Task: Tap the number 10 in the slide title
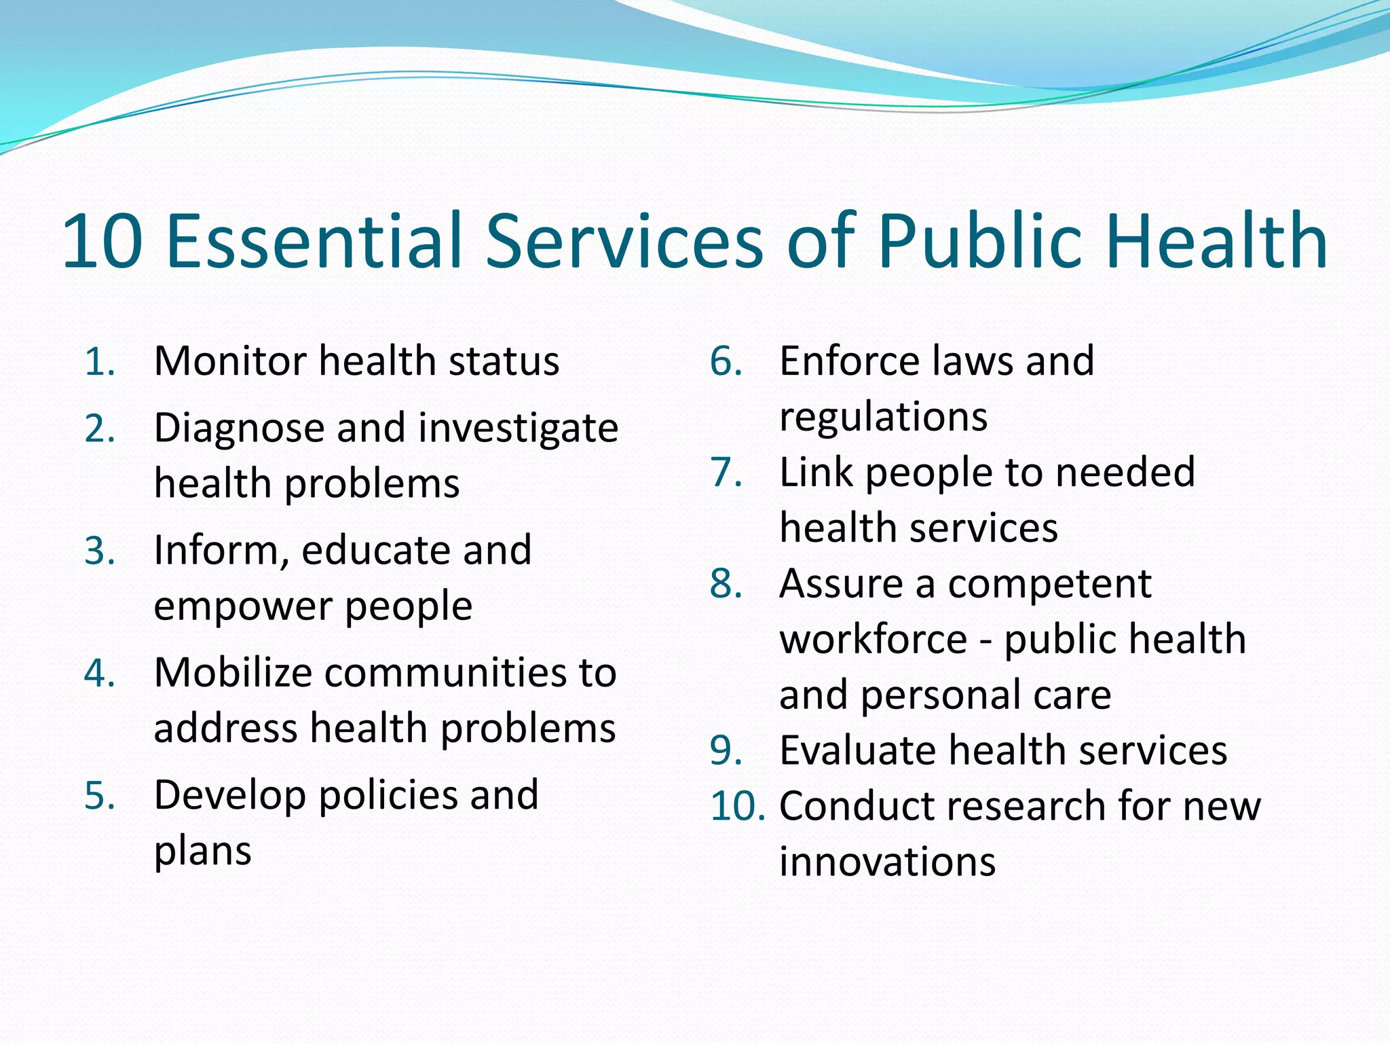(102, 241)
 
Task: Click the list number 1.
(99, 362)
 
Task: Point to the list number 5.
(99, 797)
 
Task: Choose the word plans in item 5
(203, 852)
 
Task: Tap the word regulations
(883, 418)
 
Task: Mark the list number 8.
(726, 584)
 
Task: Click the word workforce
(874, 640)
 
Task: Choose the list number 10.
(737, 807)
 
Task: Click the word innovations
(887, 862)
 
